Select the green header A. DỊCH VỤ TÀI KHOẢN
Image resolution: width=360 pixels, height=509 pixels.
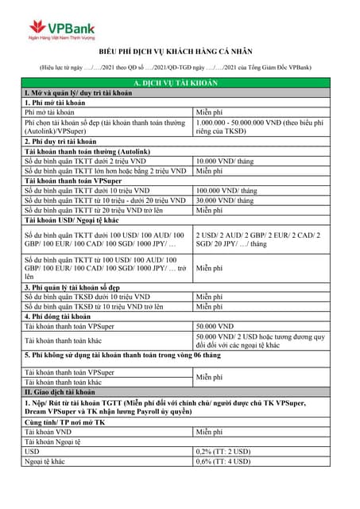point(180,84)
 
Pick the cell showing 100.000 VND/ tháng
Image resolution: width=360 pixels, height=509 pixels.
point(226,191)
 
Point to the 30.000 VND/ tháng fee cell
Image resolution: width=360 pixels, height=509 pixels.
point(225,200)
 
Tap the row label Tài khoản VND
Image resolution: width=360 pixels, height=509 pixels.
point(52,432)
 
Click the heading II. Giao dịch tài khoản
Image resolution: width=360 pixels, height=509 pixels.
point(60,392)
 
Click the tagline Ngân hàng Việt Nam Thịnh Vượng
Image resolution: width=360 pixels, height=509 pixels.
point(61,37)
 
